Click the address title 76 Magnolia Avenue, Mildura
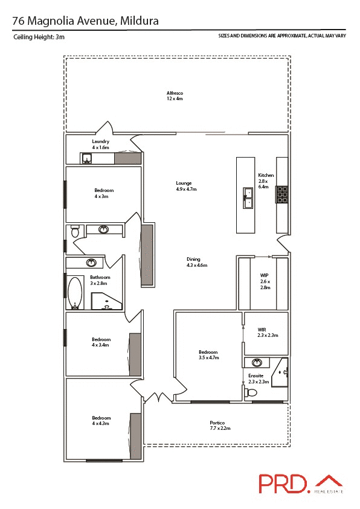pos(86,21)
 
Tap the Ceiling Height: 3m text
pos(39,37)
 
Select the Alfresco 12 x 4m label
pos(175,95)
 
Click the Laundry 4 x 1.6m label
pos(100,144)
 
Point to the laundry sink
pos(87,159)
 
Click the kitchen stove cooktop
pos(282,194)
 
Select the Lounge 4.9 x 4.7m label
pos(186,186)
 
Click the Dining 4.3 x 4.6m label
pos(196,262)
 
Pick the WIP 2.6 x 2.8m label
pos(264,281)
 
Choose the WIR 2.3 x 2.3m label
pos(267,332)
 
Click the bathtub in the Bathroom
pos(76,292)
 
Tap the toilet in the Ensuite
pos(251,392)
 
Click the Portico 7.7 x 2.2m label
pos(217,425)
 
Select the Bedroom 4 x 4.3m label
pos(101,421)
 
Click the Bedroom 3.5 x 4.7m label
pos(208,355)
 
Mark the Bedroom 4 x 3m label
pos(103,193)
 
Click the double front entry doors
pos(156,398)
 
